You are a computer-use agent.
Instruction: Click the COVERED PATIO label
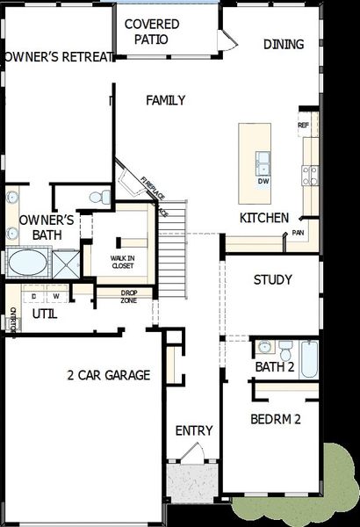pos(151,31)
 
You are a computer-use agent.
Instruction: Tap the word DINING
pos(284,44)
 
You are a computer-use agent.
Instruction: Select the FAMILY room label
pos(165,100)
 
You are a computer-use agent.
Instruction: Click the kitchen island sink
pos(263,162)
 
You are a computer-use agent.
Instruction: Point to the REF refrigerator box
pos(304,126)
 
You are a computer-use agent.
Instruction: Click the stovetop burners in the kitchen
pos(310,176)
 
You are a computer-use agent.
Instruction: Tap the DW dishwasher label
pos(263,182)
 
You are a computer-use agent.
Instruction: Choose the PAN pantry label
pos(299,233)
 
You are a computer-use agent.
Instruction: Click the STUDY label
pos(272,280)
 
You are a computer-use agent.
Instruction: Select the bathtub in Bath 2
pos(308,357)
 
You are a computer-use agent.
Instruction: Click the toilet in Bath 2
pos(286,348)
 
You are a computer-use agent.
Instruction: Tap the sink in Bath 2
pos(264,346)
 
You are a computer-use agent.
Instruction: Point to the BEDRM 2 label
pos(275,419)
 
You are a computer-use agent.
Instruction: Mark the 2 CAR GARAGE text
pos(108,375)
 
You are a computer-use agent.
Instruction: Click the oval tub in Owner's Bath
pos(28,262)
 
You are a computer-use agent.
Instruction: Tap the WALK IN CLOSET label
pos(122,260)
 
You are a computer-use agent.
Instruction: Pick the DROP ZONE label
pos(128,296)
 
